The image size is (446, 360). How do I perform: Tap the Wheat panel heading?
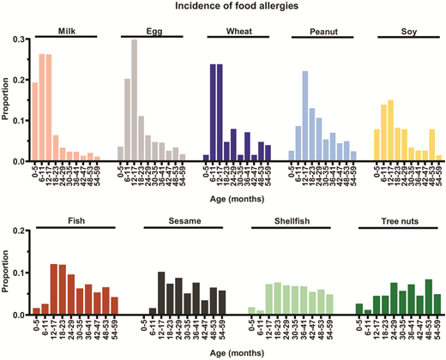[x=238, y=31]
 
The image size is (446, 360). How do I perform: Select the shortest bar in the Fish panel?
[x=36, y=312]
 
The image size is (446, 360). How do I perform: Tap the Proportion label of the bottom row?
[x=7, y=273]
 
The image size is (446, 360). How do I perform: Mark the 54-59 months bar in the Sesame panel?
[x=223, y=303]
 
